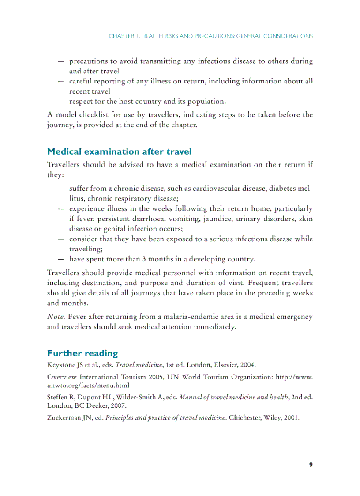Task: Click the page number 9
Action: click(311, 465)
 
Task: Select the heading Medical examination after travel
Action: click(119, 151)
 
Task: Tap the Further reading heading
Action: click(82, 353)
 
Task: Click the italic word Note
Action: click(56, 317)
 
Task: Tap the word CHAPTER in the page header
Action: click(121, 36)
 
